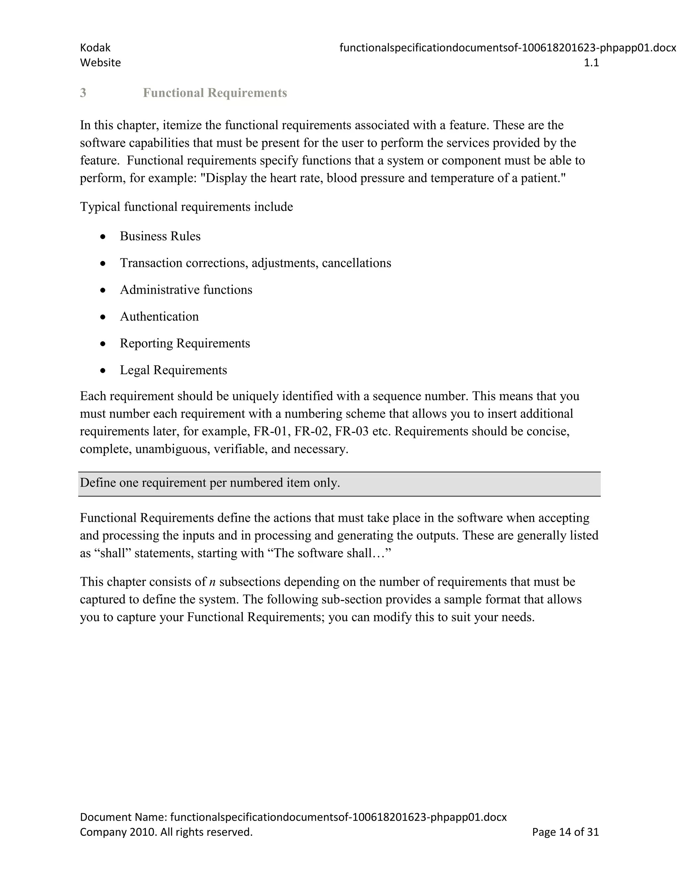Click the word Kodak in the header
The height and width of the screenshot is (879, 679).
95,48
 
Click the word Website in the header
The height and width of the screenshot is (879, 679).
100,63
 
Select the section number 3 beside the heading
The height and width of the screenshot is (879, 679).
83,93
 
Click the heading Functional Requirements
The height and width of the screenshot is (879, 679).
215,93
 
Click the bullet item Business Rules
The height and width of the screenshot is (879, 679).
160,236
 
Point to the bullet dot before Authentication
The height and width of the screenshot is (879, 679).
103,317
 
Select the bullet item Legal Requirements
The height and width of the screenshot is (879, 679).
173,370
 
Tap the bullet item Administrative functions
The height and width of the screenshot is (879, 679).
186,290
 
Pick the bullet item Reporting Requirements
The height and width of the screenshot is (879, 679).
185,343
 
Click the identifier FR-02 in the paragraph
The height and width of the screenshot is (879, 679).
311,432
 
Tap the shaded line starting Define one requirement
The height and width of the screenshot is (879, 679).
210,483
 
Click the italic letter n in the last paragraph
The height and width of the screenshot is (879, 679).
213,582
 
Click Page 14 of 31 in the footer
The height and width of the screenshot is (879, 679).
565,832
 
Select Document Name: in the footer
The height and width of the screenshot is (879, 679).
123,817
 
